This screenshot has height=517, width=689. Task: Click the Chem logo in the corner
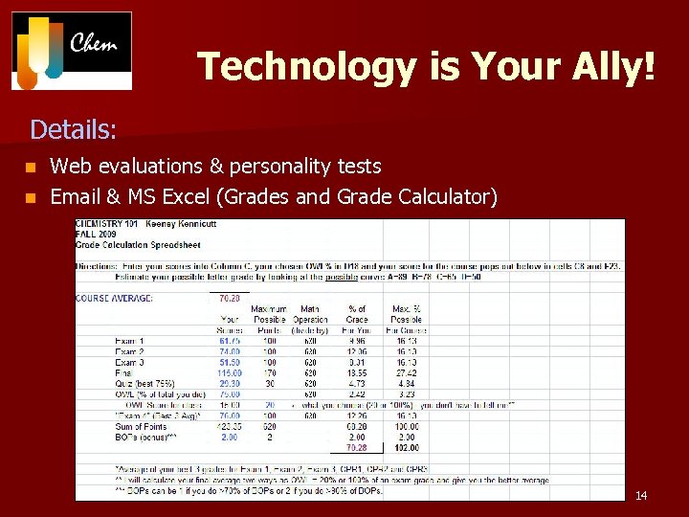(72, 50)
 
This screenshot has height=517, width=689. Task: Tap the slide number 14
(641, 495)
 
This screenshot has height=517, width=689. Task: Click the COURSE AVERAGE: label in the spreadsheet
(114, 297)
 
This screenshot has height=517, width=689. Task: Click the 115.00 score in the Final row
(230, 371)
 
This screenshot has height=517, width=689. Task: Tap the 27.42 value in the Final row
(407, 371)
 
